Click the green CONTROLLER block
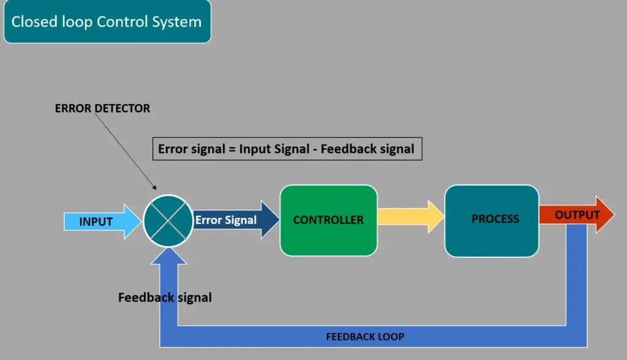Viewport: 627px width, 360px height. (328, 220)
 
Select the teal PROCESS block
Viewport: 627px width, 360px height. (492, 220)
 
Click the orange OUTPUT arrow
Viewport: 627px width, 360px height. (577, 215)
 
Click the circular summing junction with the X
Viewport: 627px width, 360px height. (168, 220)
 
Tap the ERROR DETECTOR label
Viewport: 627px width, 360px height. (102, 108)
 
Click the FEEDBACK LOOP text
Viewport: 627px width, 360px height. (365, 337)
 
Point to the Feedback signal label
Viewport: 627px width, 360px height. (165, 298)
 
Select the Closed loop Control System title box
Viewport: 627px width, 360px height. (107, 21)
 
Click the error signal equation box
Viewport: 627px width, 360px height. (287, 149)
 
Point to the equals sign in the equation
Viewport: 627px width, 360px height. (232, 149)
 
